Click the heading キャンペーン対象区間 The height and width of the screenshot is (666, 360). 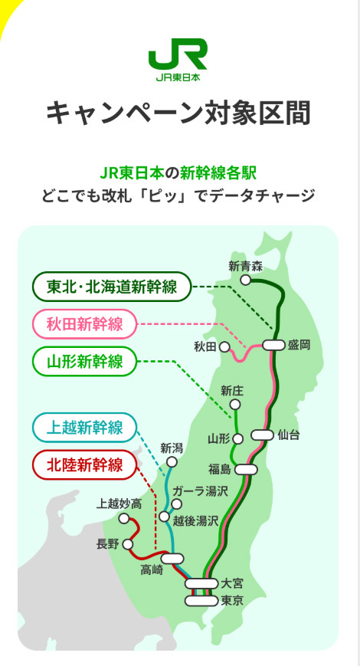coord(178,113)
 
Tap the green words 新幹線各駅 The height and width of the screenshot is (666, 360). coord(218,173)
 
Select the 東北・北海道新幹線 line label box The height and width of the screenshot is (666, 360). coord(112,287)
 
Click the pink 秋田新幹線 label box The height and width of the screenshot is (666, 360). coord(84,324)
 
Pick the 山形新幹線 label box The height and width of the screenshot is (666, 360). coord(84,362)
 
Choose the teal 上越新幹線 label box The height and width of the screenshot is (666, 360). coord(84,428)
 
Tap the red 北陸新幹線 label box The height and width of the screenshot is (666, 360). coord(84,464)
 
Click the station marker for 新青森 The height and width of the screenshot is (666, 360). coord(245,280)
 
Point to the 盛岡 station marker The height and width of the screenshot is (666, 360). coord(273,346)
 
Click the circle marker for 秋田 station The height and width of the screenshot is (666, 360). coord(224,347)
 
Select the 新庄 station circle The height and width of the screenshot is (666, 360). coord(235,405)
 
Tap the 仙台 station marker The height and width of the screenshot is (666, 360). coord(262,435)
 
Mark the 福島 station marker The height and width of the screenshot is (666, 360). coord(246,469)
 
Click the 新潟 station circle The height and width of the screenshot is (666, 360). coord(172,462)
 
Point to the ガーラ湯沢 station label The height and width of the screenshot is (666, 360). coord(201,492)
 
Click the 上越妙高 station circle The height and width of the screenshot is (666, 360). coord(124,518)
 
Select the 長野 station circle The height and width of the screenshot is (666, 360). coord(128,544)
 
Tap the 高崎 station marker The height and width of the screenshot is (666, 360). coord(173,559)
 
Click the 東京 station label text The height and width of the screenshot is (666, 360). coord(232,601)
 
